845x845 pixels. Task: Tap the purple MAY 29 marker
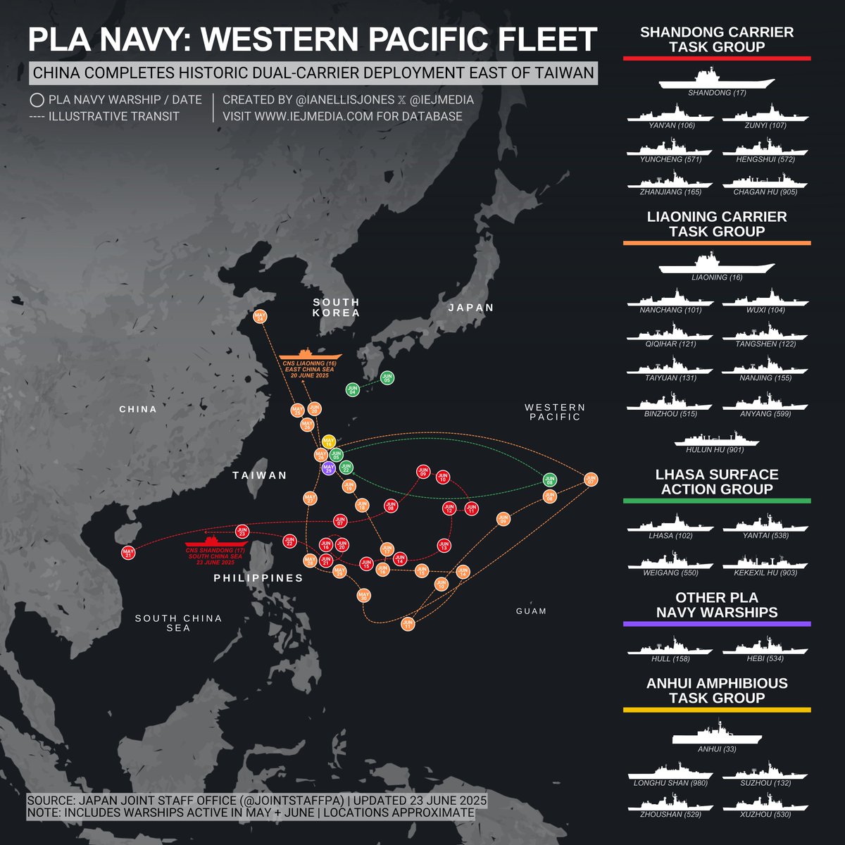point(328,468)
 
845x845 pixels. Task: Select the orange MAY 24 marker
point(260,318)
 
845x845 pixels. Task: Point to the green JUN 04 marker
point(353,389)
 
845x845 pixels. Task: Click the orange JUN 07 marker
point(591,480)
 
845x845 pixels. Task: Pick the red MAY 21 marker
point(128,553)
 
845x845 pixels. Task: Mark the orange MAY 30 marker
point(364,596)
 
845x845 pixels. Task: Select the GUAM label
point(531,611)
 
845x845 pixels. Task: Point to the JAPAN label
point(471,308)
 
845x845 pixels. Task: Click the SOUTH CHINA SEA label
point(178,622)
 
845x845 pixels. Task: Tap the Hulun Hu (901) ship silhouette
point(717,439)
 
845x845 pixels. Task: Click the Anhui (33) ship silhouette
point(717,733)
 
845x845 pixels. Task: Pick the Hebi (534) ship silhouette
point(764,646)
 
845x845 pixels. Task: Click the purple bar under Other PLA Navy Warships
point(717,624)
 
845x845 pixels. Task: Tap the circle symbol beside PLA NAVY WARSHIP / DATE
point(37,100)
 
